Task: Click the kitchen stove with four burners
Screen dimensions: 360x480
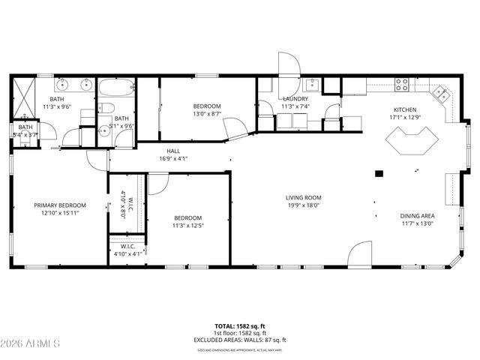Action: pyautogui.click(x=403, y=84)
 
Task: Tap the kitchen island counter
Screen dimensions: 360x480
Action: pyautogui.click(x=410, y=141)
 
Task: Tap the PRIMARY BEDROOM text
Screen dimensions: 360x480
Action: pyautogui.click(x=60, y=205)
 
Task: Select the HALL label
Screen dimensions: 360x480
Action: pyautogui.click(x=173, y=151)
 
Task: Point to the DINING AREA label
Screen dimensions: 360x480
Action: pyautogui.click(x=417, y=215)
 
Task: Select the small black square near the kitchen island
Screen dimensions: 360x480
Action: pyautogui.click(x=379, y=174)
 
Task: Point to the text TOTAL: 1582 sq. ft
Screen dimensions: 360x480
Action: pyautogui.click(x=240, y=327)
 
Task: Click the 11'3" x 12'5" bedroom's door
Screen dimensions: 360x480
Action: pyautogui.click(x=158, y=183)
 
